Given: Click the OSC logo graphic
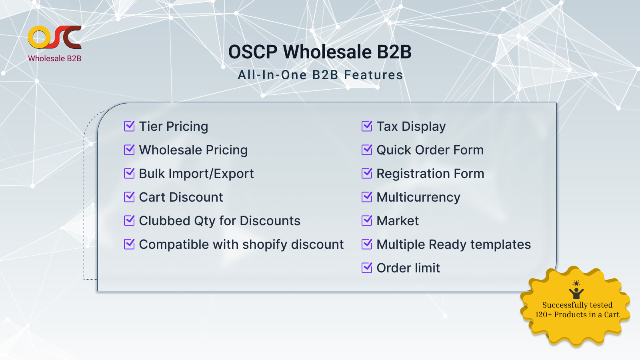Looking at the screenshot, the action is pos(54,37).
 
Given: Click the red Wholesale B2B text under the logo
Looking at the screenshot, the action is pos(54,58).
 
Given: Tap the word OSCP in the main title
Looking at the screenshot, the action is pos(253,52).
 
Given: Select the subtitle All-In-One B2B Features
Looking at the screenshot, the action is pos(320,75).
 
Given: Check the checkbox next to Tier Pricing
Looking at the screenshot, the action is pos(129,126).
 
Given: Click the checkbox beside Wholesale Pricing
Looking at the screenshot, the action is pos(129,150).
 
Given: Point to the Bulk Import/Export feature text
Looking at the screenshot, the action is pos(196,174).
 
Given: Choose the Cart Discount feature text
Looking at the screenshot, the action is pos(181,197).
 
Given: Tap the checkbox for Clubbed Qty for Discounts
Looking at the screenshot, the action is pos(129,220).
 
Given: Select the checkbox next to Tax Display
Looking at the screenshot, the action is pos(367,126).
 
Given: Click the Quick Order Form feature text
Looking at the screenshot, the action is pos(430,150).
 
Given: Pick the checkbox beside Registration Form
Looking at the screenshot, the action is pos(367,173).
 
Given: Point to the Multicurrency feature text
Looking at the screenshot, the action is pos(418,198).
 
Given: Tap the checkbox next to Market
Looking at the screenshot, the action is pos(367,220).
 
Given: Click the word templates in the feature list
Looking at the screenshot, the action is pos(500,245).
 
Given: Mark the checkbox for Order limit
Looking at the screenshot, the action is pos(367,268).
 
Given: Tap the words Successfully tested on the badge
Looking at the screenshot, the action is pos(578,305).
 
